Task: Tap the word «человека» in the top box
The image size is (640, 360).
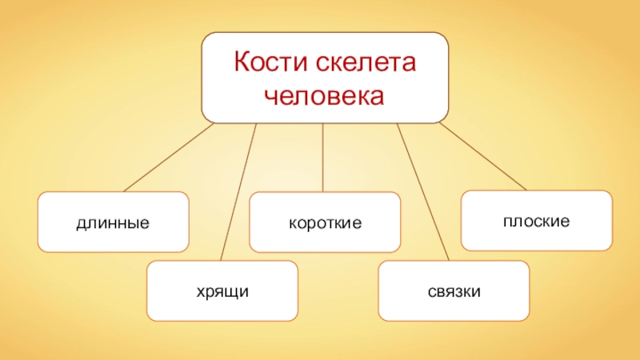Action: pyautogui.click(x=324, y=96)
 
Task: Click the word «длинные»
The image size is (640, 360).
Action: pyautogui.click(x=113, y=222)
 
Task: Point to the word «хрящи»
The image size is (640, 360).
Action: pyautogui.click(x=222, y=291)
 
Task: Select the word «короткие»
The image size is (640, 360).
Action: pyautogui.click(x=325, y=222)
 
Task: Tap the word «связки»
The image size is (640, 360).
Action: pyautogui.click(x=454, y=291)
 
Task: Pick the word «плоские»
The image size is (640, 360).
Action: pyautogui.click(x=536, y=219)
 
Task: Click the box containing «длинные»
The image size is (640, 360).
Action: pyautogui.click(x=64, y=240)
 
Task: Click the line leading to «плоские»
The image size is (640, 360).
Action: pyautogui.click(x=484, y=158)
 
